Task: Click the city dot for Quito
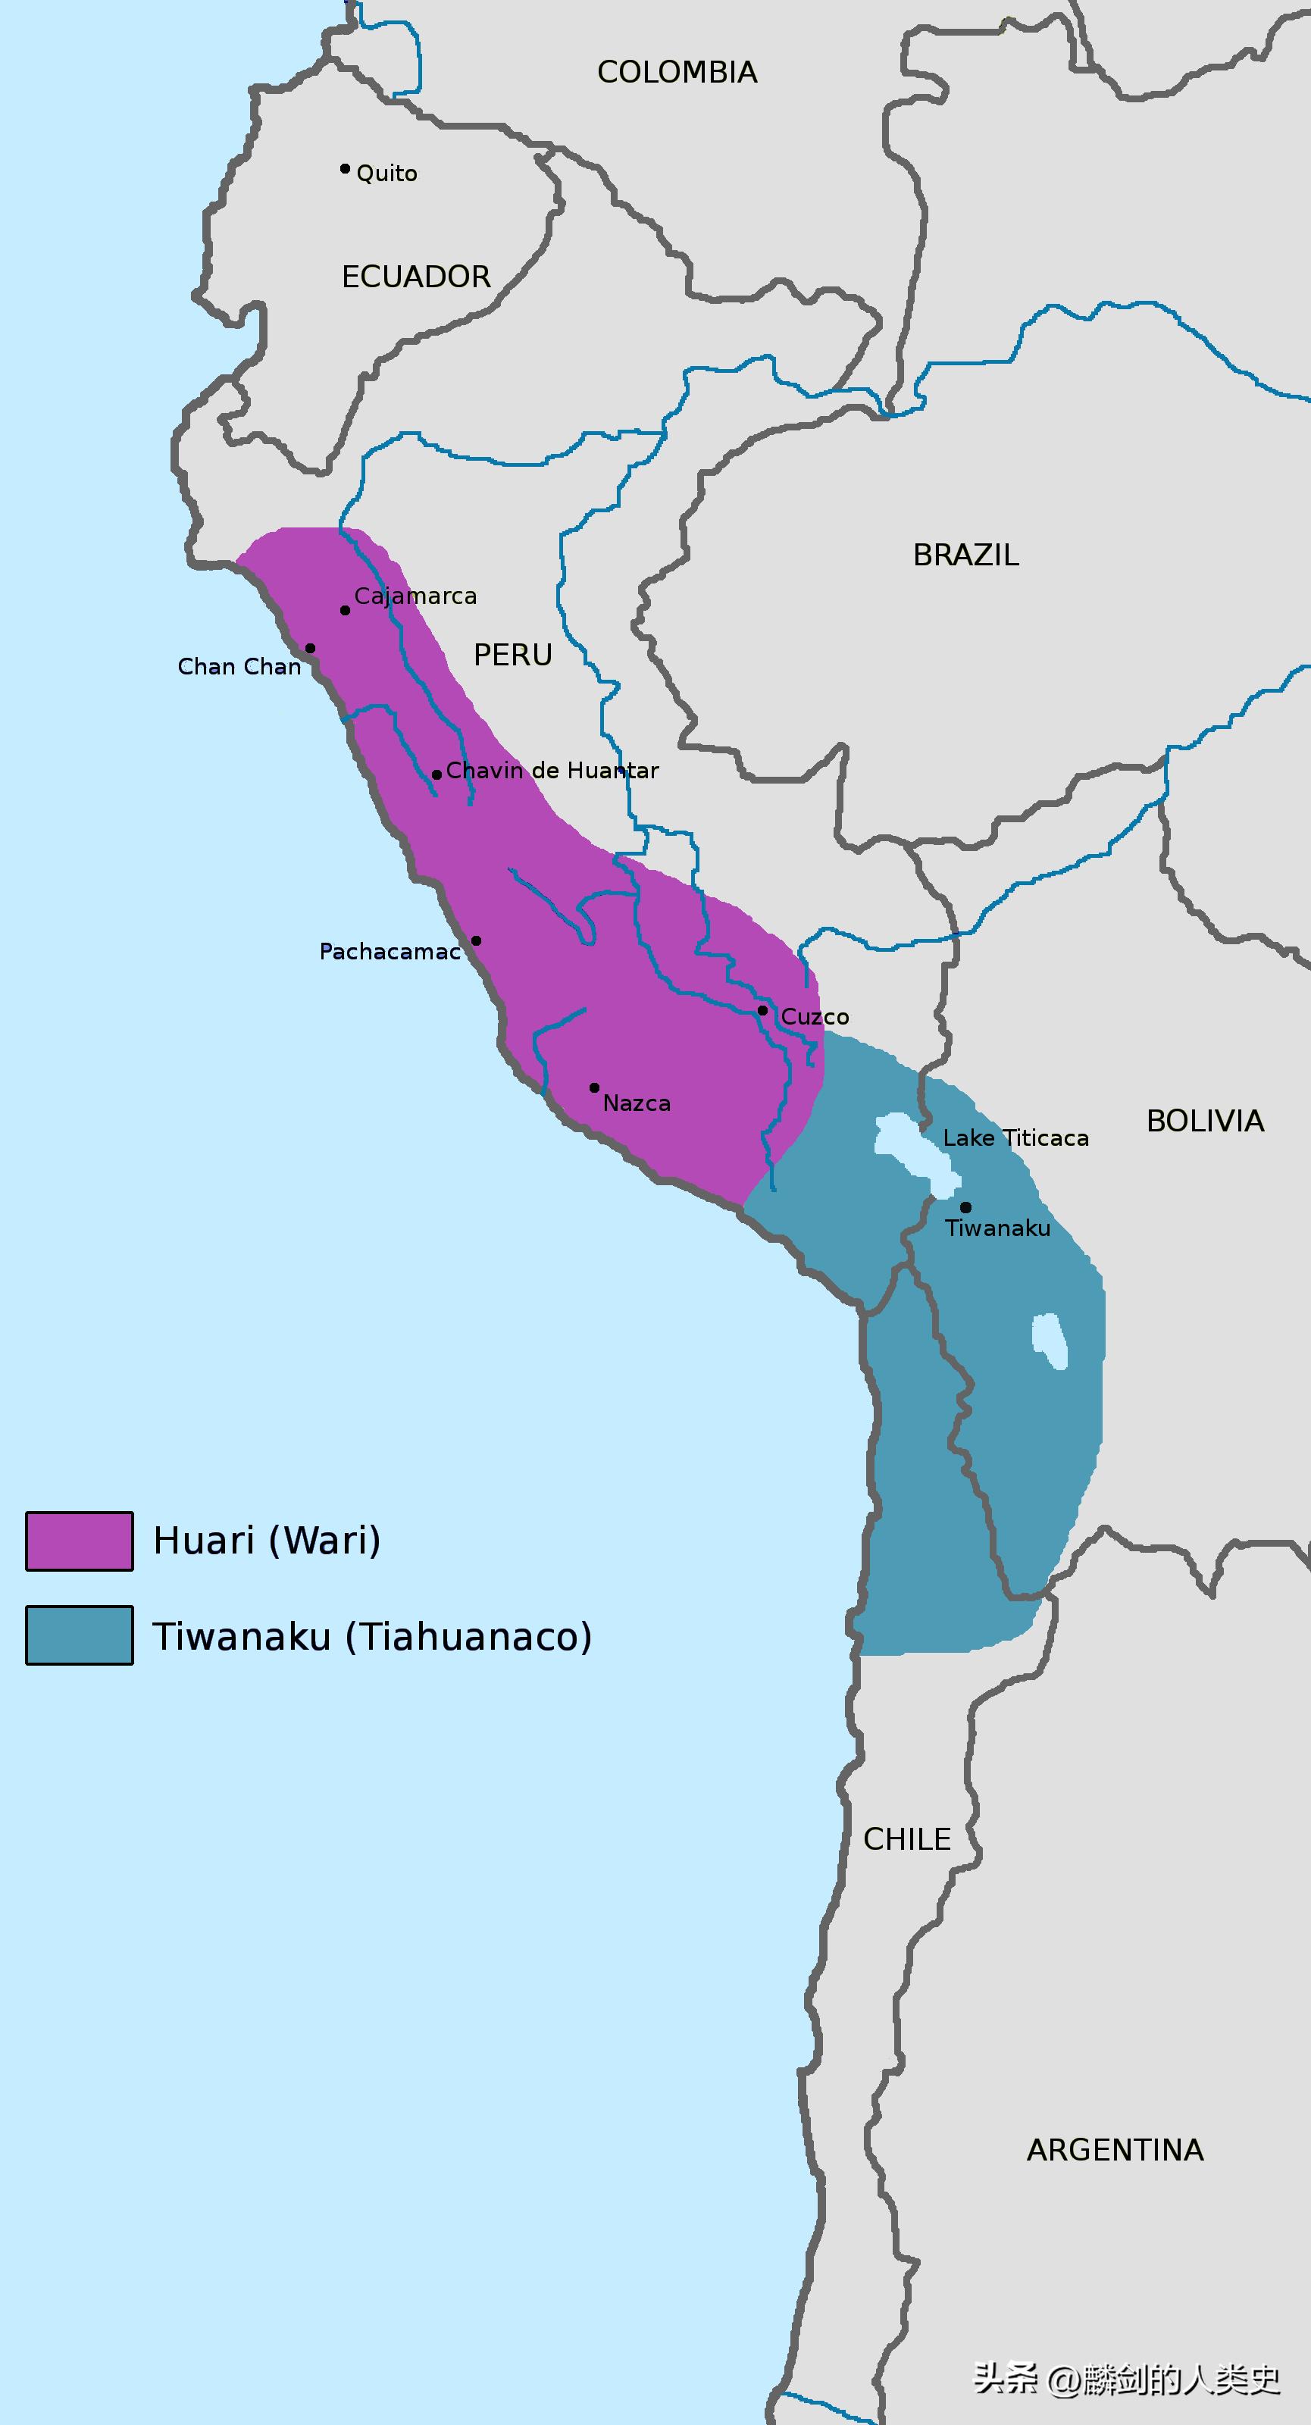[x=345, y=168]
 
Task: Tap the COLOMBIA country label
[x=677, y=73]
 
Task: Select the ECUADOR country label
[x=416, y=277]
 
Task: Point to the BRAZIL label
[x=965, y=555]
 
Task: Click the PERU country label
[x=512, y=656]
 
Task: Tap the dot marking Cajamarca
[x=345, y=610]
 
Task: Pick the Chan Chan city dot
[x=310, y=648]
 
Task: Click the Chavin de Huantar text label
[x=552, y=771]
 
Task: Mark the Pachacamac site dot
[x=476, y=940]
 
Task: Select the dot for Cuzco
[x=762, y=1010]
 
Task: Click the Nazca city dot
[x=594, y=1087]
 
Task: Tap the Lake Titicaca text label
[x=1015, y=1138]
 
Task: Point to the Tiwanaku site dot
[x=965, y=1207]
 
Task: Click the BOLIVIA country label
[x=1205, y=1122]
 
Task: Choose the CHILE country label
[x=906, y=1838]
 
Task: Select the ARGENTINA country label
[x=1114, y=2150]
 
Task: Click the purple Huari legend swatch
[x=79, y=1541]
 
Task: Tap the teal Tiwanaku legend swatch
[x=79, y=1635]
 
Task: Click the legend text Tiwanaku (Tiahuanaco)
[x=372, y=1636]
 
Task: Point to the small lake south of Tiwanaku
[x=1050, y=1341]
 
